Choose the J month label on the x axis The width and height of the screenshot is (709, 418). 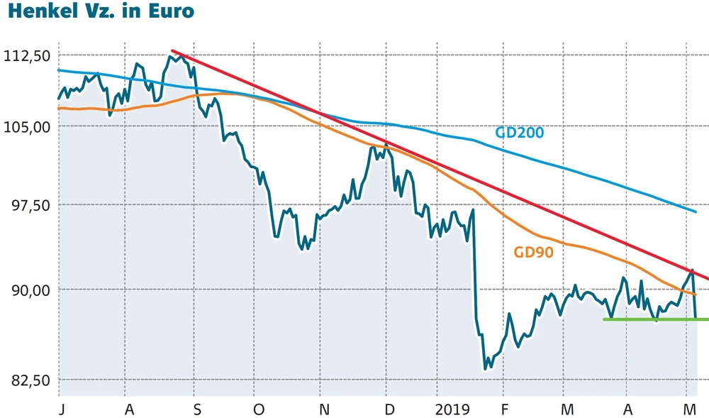(62, 409)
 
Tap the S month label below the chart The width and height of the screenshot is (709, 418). (198, 409)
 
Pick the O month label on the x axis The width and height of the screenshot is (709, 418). (259, 409)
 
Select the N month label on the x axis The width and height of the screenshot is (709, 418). (324, 409)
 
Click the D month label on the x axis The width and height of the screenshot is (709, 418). (389, 409)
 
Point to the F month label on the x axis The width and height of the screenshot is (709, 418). (504, 409)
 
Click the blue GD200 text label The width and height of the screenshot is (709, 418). (519, 133)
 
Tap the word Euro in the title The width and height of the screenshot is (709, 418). (169, 12)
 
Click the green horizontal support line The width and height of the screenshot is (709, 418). (652, 319)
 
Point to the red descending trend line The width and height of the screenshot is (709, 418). (425, 163)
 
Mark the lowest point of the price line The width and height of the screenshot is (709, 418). (485, 369)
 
